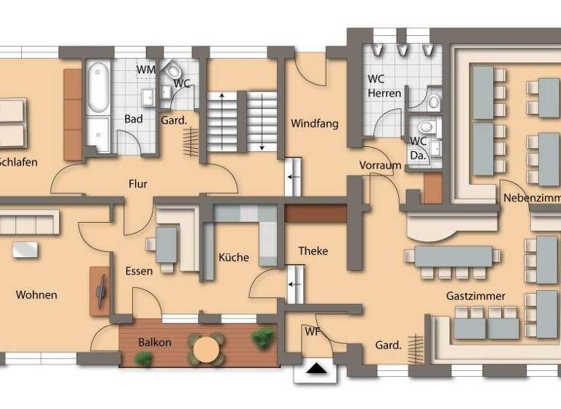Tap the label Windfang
[315, 123]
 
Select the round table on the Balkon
[208, 348]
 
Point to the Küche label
[234, 257]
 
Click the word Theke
[313, 251]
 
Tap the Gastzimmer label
[476, 296]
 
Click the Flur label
[137, 183]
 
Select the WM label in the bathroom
[146, 69]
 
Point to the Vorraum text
[381, 165]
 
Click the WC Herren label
[383, 85]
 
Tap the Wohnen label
[37, 295]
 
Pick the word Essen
[139, 271]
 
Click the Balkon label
[155, 342]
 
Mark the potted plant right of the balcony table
[262, 337]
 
